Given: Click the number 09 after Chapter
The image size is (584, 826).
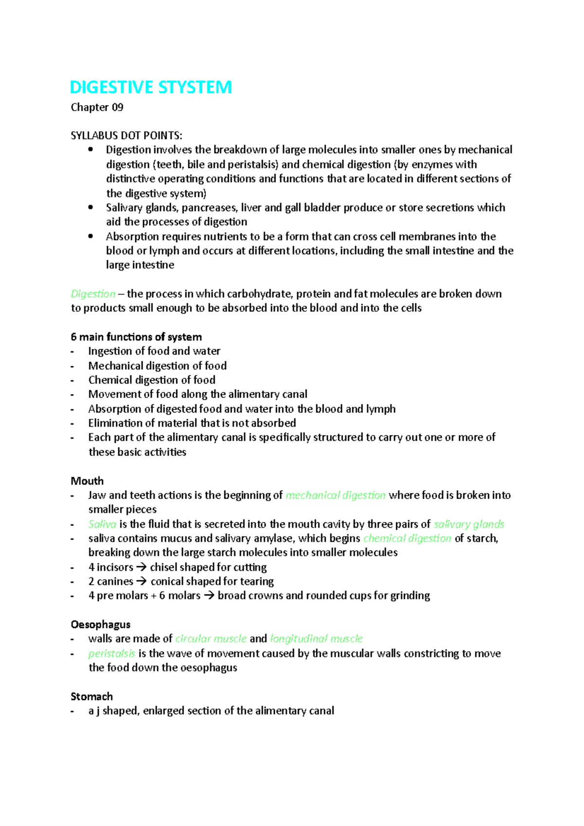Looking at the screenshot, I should pyautogui.click(x=117, y=108).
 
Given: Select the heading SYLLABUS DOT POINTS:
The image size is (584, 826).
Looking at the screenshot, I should pyautogui.click(x=127, y=136).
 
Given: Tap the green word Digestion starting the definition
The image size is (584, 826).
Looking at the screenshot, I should pyautogui.click(x=93, y=294).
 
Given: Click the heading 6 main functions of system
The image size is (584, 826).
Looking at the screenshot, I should pyautogui.click(x=136, y=337).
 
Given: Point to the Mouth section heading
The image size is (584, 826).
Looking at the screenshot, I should pyautogui.click(x=87, y=481).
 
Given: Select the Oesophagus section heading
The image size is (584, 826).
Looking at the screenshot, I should pyautogui.click(x=100, y=625).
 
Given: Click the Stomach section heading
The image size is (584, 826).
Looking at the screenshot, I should pyautogui.click(x=91, y=697).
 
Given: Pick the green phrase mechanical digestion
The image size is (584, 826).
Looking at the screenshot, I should pyautogui.click(x=335, y=496).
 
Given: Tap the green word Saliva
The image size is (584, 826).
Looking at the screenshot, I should pyautogui.click(x=102, y=524).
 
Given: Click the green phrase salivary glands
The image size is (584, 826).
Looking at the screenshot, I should pyautogui.click(x=469, y=524).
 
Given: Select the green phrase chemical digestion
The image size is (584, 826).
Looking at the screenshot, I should pyautogui.click(x=407, y=539).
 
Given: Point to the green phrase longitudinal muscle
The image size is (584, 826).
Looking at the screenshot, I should pyautogui.click(x=316, y=639).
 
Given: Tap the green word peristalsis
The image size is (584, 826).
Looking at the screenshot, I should pyautogui.click(x=111, y=653).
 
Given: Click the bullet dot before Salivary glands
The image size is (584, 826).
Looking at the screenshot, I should pyautogui.click(x=91, y=208).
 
